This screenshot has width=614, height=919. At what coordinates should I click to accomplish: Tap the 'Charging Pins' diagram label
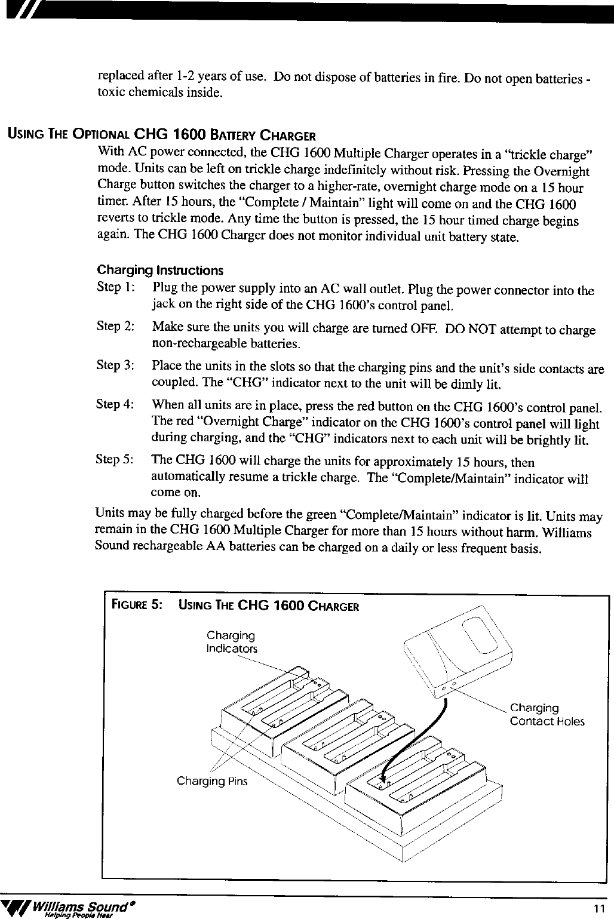point(211,781)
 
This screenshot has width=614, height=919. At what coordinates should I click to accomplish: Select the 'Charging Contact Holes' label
point(546,715)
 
